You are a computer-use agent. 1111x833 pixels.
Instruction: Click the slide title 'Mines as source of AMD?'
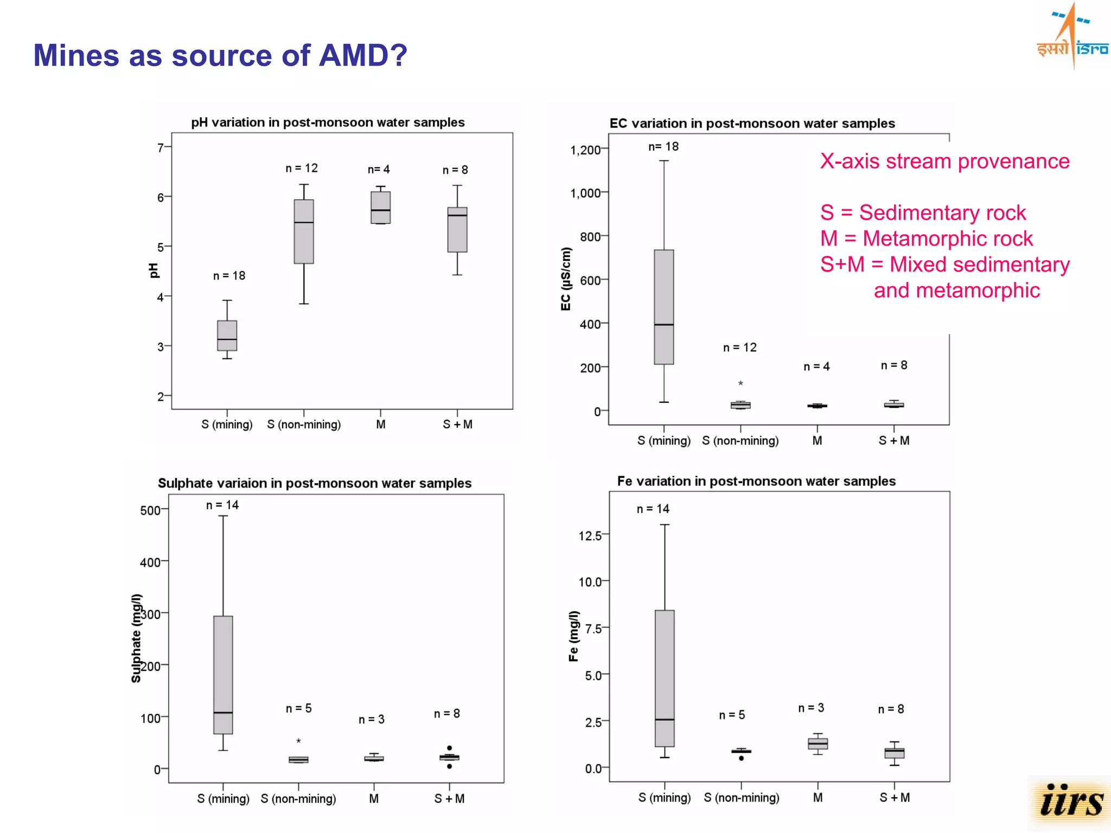point(220,55)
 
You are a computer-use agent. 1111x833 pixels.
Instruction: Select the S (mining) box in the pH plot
point(227,336)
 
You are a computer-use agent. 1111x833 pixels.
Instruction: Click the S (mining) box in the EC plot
point(663,307)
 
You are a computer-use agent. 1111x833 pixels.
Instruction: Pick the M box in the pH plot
point(380,207)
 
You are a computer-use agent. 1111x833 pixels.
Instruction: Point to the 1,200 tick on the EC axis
point(585,150)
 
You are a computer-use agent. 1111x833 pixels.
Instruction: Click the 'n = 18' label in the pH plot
point(229,276)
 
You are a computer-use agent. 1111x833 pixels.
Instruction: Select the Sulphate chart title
point(314,483)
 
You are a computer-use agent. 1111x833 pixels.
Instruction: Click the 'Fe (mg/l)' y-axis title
point(573,636)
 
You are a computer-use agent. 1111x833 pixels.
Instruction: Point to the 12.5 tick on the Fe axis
point(590,536)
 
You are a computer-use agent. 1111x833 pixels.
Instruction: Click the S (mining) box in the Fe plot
point(665,678)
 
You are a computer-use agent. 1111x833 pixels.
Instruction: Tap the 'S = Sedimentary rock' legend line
point(922,213)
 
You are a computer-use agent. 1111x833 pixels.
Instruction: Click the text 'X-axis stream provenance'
point(944,161)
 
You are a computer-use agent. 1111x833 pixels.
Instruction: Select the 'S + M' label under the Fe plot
point(894,798)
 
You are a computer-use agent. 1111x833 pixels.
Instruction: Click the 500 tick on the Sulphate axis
point(150,510)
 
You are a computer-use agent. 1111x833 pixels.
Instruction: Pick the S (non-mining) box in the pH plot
point(304,232)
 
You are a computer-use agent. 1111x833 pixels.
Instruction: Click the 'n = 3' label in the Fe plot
point(811,708)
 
